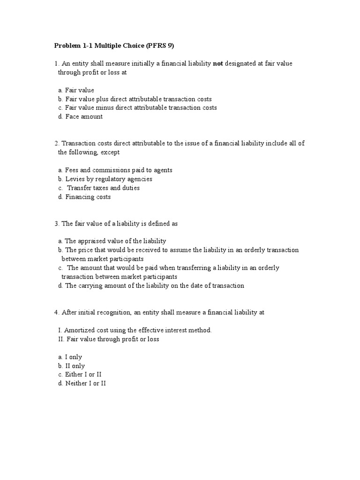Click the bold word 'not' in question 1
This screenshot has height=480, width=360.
[x=217, y=63]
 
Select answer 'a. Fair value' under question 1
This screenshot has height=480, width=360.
[x=76, y=90]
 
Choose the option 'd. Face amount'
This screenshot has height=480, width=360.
[x=80, y=117]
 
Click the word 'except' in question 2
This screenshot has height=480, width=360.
[x=110, y=152]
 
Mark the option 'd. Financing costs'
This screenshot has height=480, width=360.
[x=84, y=197]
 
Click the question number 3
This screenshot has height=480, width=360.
[x=56, y=224]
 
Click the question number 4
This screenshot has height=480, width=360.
[x=56, y=312]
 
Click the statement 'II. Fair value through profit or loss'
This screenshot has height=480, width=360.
[x=108, y=339]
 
